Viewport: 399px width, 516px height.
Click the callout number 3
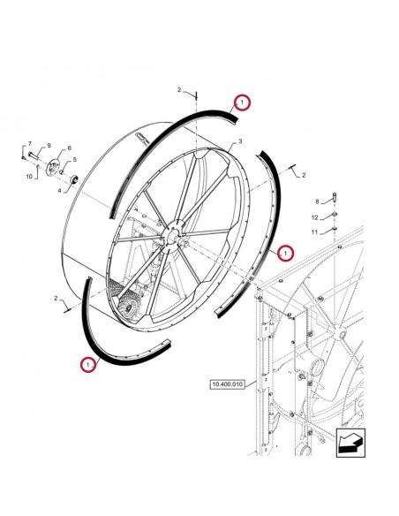[240, 141]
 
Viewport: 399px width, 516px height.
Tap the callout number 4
[59, 190]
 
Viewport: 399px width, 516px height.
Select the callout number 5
[75, 160]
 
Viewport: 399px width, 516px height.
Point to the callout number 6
[70, 148]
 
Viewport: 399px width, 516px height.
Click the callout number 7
[30, 143]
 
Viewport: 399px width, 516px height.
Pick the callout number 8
[317, 201]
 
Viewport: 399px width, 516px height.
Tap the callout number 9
[49, 146]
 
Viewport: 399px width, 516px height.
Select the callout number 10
[29, 177]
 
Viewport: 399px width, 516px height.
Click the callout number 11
[314, 232]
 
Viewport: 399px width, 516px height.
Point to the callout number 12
[315, 217]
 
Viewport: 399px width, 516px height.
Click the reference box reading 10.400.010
[228, 384]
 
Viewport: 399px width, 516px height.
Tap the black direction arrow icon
[350, 443]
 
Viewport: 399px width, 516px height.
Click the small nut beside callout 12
[335, 215]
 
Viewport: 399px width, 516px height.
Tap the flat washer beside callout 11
[335, 228]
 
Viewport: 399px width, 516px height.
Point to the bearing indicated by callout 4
[75, 179]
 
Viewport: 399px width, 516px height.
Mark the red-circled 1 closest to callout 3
[242, 102]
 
